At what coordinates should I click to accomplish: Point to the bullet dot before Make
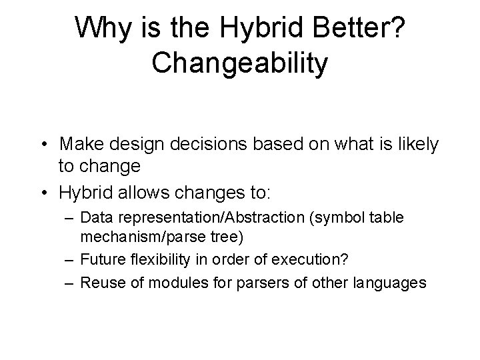point(44,145)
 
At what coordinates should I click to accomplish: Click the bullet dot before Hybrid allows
point(44,193)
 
